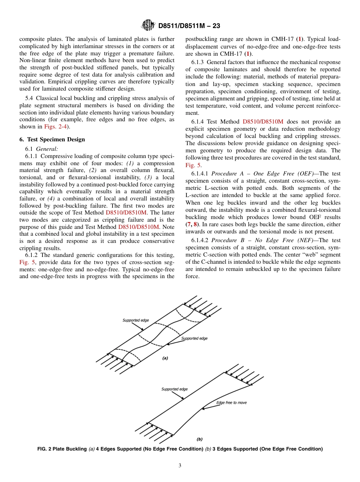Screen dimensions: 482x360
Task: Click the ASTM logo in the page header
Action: pos(148,25)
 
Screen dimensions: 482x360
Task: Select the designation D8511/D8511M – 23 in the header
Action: pos(189,26)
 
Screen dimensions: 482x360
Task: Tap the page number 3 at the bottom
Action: pos(180,466)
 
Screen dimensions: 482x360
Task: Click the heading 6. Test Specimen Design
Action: pos(52,139)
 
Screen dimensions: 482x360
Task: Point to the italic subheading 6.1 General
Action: pos(47,149)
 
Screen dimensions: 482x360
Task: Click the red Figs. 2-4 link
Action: pos(56,127)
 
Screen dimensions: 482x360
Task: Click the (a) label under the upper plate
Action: pos(165,358)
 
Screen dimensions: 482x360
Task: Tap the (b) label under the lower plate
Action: pos(199,439)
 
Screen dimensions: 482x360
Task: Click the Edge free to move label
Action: pos(231,402)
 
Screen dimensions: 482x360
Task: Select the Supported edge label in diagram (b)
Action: pos(174,389)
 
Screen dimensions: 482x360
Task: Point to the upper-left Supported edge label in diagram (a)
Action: pos(136,320)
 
